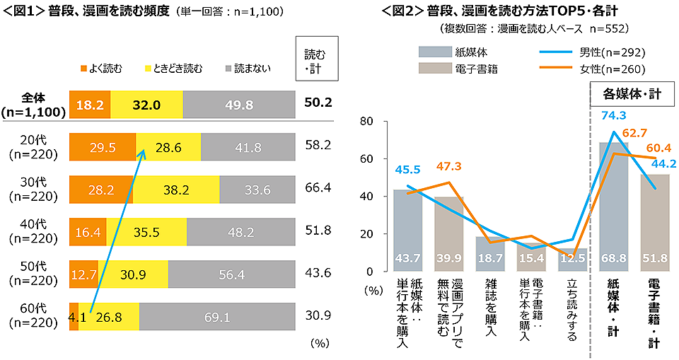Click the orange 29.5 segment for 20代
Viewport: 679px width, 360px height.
point(103,147)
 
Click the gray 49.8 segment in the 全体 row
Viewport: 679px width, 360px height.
point(238,104)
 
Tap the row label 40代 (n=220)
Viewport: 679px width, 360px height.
point(33,231)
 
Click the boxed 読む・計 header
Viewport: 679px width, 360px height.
point(315,57)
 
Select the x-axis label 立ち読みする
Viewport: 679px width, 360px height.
point(571,311)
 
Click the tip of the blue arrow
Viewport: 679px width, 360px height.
point(145,149)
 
